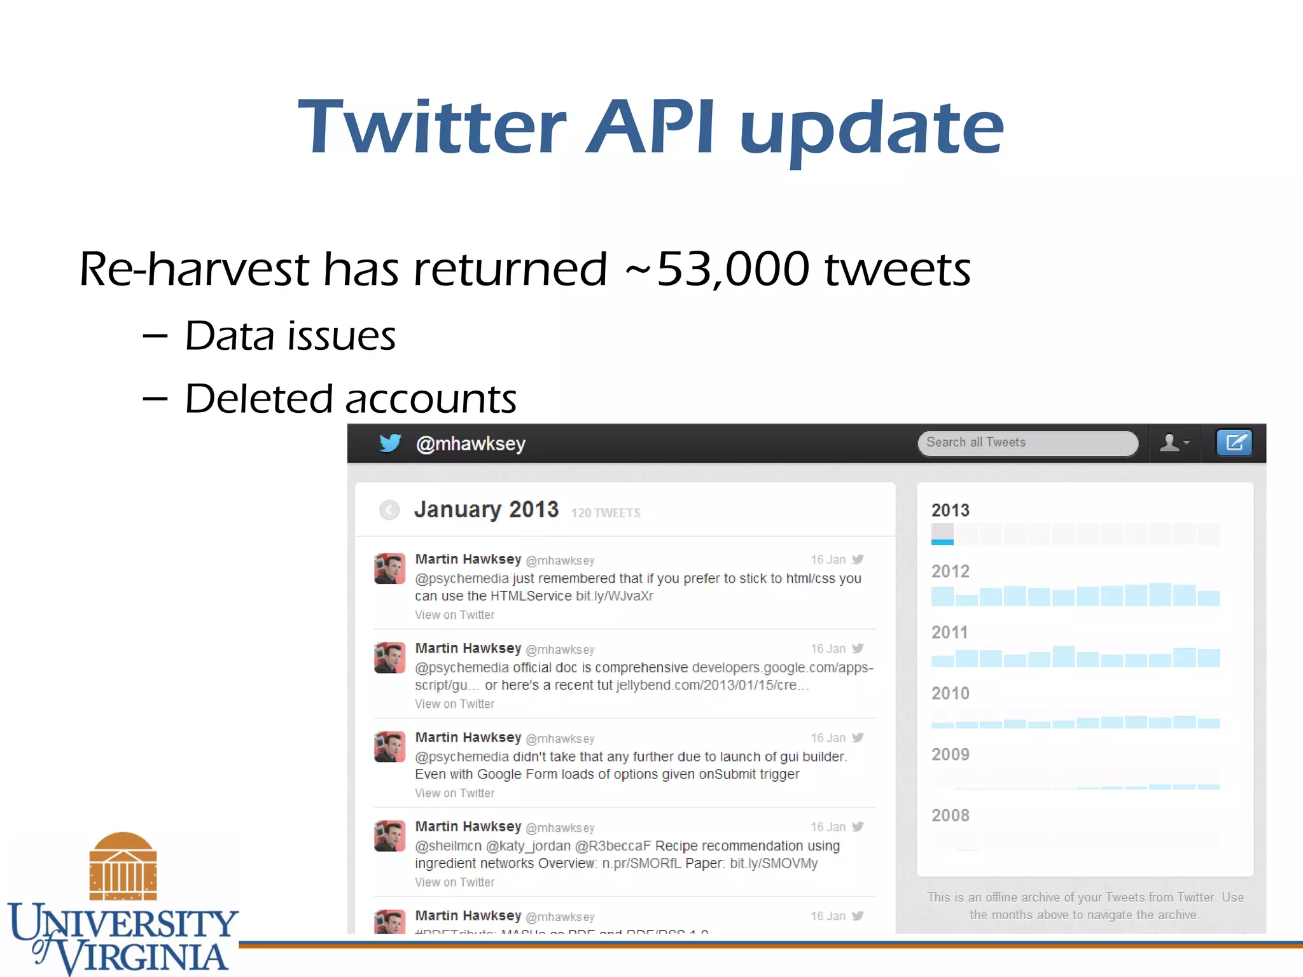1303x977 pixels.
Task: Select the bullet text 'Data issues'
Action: pos(290,336)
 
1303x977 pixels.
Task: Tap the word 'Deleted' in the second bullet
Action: pos(258,399)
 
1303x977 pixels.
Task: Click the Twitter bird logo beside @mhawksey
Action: pos(390,443)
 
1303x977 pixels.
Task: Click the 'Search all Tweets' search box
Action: pos(1027,443)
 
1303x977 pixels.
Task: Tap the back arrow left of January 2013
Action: pos(389,509)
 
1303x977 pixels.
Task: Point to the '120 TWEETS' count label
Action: pos(606,513)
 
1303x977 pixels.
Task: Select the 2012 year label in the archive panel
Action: pos(951,571)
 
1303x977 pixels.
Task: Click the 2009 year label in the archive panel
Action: pos(951,754)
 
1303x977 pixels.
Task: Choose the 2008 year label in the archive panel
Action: pos(951,815)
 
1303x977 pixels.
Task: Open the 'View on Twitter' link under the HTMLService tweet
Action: pos(454,615)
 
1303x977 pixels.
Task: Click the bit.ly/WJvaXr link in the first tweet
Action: pos(614,596)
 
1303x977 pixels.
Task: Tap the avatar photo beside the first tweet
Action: pos(389,569)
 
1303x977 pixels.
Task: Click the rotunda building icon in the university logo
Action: pos(123,866)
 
